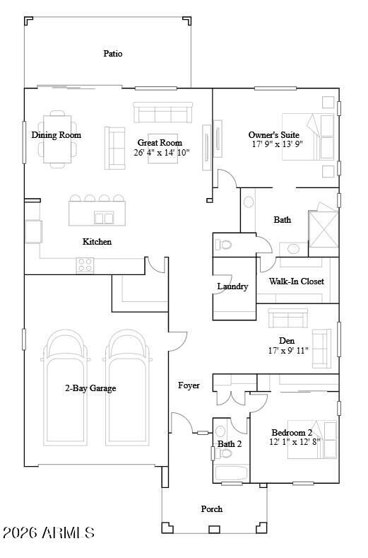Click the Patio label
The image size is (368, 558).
point(113,54)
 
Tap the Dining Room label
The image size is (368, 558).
point(56,135)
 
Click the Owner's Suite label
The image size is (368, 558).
point(273,135)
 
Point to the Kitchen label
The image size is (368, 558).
point(97,242)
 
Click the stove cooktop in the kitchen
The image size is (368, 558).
point(85,265)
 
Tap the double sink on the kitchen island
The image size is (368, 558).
point(104,218)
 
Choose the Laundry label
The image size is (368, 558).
point(232,286)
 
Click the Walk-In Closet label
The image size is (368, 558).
point(297,281)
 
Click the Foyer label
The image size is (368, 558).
point(189,385)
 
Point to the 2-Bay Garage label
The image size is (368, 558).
point(90,388)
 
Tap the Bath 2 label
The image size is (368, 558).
point(230,444)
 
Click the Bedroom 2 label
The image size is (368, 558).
point(292,432)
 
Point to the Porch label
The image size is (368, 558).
point(212,508)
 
